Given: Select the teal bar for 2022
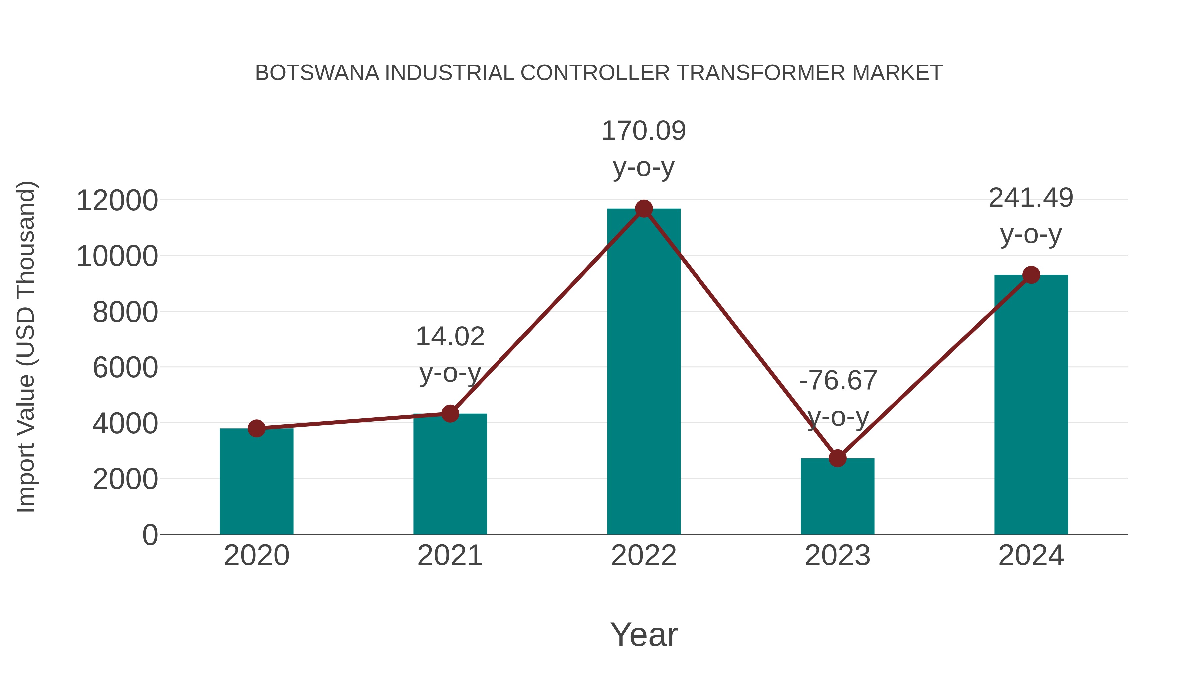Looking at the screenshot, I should coord(644,372).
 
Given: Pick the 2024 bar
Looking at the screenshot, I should coord(1031,405).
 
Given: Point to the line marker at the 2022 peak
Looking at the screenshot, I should coord(644,209).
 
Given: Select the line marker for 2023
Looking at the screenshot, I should coord(837,458).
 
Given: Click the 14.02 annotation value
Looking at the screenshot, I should coord(450,337).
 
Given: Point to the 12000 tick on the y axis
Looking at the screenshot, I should coord(117,201).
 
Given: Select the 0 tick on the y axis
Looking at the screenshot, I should coord(150,535).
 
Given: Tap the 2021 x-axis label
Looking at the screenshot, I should coord(450,556).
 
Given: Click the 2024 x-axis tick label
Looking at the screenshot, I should coord(1031,556).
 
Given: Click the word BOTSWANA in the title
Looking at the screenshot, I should coord(317,73).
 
